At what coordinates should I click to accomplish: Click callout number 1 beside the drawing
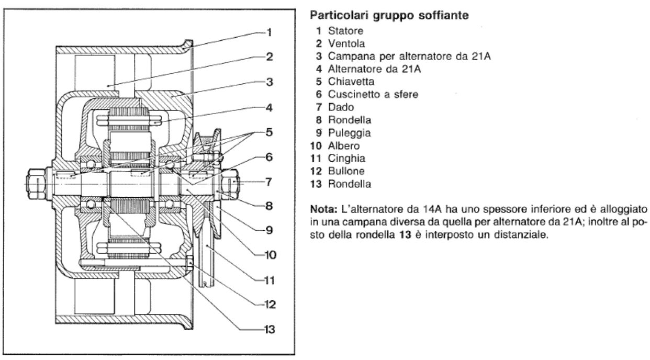[269, 32]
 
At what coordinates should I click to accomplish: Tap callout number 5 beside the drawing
[269, 132]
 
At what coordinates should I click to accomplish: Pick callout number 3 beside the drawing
[269, 82]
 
